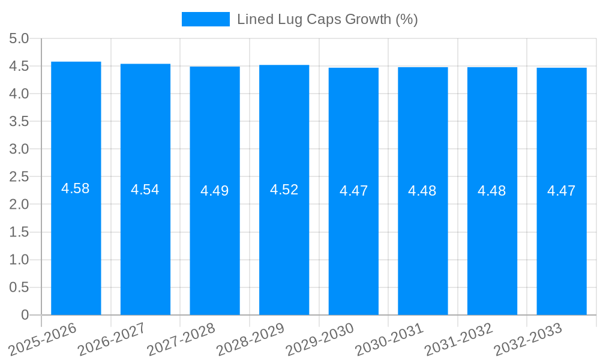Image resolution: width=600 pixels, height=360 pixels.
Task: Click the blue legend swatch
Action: [205, 19]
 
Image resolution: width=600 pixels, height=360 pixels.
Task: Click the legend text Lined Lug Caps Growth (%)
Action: [327, 19]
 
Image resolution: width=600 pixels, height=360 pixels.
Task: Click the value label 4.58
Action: [76, 188]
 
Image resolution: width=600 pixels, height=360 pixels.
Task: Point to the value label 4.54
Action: [145, 190]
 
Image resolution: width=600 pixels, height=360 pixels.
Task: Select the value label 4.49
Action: [215, 191]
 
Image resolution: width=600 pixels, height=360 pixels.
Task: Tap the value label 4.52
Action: [284, 190]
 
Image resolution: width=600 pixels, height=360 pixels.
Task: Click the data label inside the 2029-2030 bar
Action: [353, 191]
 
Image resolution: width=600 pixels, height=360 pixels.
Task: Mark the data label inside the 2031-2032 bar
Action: [492, 191]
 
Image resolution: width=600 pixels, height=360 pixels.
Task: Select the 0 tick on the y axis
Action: [25, 315]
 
